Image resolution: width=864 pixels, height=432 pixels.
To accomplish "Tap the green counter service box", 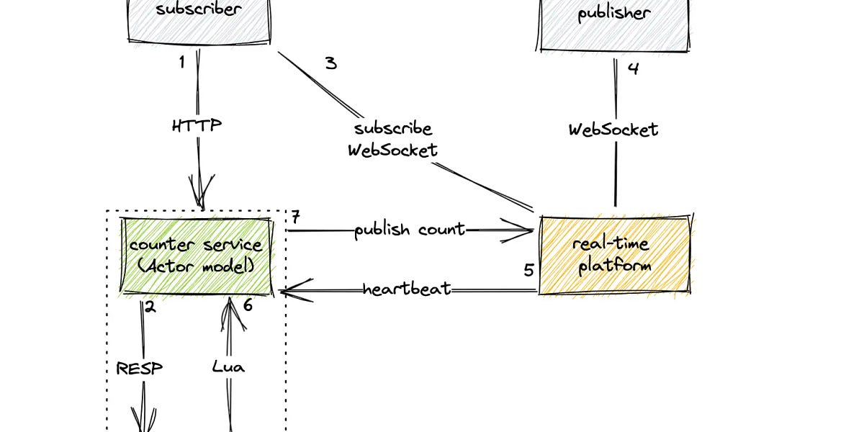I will (196, 256).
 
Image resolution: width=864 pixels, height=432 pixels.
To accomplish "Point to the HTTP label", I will (197, 125).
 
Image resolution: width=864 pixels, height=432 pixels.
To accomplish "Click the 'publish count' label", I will (410, 230).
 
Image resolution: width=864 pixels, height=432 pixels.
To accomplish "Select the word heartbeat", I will (407, 289).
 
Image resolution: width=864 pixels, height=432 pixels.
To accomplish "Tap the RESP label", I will (140, 368).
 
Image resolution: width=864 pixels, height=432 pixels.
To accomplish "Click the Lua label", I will (228, 366).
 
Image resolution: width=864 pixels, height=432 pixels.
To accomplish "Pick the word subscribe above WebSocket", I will (393, 129).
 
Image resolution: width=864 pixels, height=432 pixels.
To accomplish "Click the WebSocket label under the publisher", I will (613, 130).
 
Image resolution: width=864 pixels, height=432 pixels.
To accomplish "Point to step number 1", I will (182, 63).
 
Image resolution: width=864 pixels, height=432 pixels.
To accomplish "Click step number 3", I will (330, 63).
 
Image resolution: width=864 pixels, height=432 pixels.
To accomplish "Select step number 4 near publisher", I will (633, 69).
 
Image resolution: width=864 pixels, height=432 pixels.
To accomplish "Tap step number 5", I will (528, 270).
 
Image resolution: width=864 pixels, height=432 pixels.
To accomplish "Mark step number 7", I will (295, 217).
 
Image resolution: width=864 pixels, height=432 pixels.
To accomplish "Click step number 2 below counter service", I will (150, 306).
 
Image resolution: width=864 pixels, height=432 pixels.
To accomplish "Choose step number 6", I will (248, 305).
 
